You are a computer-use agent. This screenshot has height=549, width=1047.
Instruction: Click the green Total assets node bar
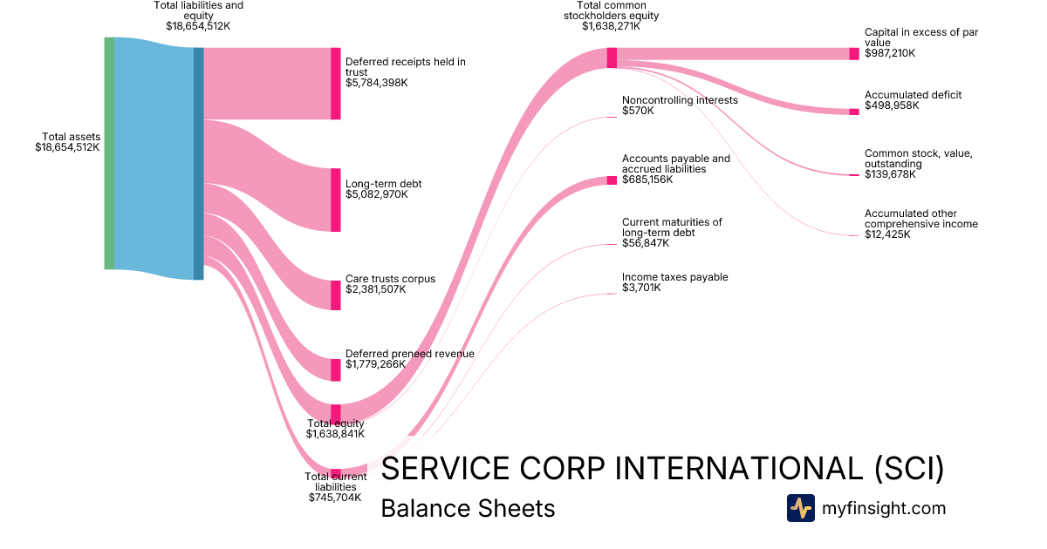tap(109, 153)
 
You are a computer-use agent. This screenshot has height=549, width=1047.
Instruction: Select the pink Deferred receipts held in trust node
tap(335, 83)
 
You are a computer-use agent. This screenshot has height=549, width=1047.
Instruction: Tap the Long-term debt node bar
tap(335, 200)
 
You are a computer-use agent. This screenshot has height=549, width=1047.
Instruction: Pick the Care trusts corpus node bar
tap(335, 295)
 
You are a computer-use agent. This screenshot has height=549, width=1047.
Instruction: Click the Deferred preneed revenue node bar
tap(335, 369)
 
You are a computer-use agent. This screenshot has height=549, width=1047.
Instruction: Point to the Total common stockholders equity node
tap(612, 58)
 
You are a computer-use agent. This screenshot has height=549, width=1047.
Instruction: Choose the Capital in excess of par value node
tap(854, 53)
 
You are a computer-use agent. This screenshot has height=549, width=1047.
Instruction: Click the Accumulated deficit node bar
tap(854, 112)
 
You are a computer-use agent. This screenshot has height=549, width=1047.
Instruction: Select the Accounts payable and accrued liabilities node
tap(612, 180)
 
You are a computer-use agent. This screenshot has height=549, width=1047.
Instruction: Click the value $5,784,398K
tap(377, 83)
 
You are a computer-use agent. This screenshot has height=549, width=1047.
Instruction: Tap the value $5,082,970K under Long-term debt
tap(377, 194)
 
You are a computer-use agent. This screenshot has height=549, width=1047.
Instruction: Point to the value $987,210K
tap(890, 53)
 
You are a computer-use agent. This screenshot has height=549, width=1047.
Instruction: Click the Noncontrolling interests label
tap(680, 100)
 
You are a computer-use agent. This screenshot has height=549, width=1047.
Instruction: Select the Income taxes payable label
tap(674, 277)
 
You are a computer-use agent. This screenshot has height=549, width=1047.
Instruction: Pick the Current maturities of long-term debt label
tap(672, 227)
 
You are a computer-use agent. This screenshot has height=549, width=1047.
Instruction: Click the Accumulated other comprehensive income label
tap(920, 219)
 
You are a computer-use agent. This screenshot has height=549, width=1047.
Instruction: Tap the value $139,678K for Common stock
tap(892, 174)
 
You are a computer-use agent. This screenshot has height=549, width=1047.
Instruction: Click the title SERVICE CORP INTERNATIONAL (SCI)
tap(663, 469)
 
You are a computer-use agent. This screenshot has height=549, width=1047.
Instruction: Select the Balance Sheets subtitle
tap(468, 508)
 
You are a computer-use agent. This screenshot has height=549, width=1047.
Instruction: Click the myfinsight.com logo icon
tap(800, 508)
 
